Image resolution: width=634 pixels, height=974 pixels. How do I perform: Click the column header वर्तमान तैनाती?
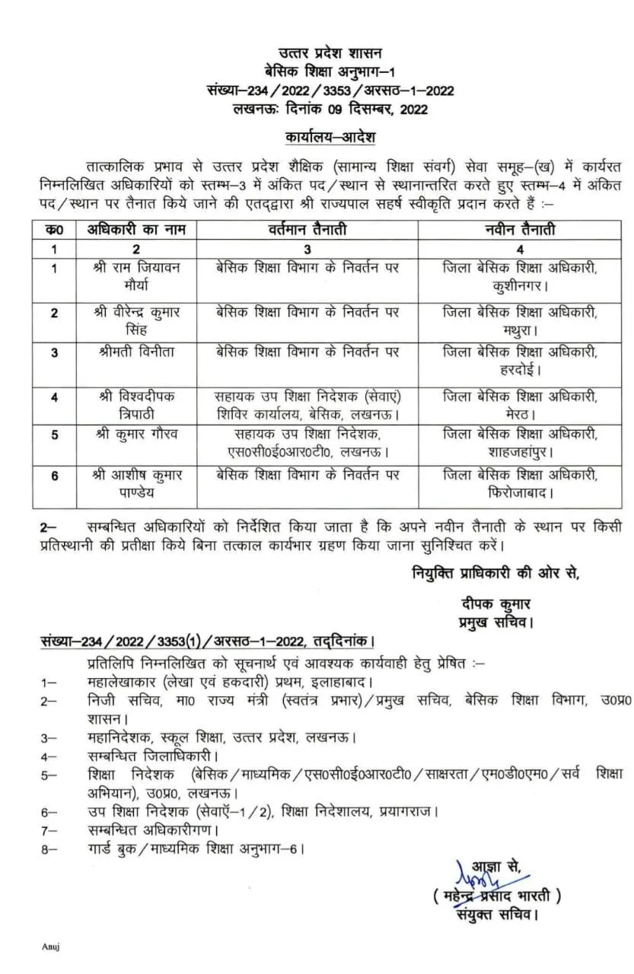[307, 229]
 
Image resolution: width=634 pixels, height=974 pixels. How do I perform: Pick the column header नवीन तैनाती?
[520, 229]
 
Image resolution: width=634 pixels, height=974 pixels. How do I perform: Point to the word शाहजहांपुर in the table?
[520, 452]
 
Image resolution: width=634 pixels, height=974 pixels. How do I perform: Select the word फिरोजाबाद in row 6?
[520, 494]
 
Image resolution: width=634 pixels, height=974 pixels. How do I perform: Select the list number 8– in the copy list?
[49, 848]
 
